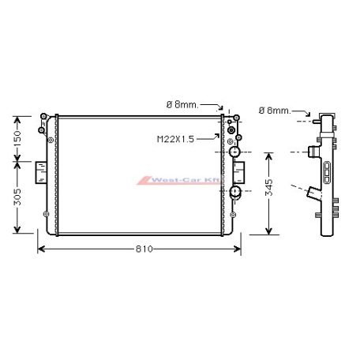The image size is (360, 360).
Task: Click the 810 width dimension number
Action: tap(144, 249)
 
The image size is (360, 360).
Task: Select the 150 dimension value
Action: tap(17, 139)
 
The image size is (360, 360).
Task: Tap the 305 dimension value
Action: tap(17, 197)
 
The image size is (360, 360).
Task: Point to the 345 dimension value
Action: tap(268, 187)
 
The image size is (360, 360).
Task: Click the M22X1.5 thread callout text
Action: tap(175, 139)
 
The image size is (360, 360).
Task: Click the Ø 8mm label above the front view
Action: tap(182, 105)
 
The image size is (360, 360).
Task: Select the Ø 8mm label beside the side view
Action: tap(275, 111)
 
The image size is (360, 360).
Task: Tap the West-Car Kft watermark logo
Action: tap(179, 180)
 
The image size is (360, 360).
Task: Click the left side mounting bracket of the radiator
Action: tap(41, 172)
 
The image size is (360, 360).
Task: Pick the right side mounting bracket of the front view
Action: tap(239, 172)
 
